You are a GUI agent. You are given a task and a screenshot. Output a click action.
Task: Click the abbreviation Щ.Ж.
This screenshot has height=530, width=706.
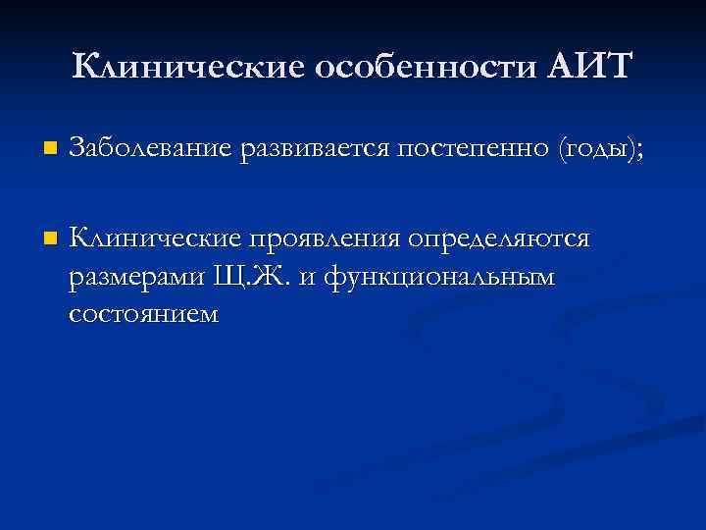pyautogui.click(x=250, y=278)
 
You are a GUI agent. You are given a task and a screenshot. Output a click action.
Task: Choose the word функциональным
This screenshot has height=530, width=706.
pyautogui.click(x=438, y=278)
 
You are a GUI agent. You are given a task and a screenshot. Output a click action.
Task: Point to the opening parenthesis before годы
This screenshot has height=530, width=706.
pyautogui.click(x=561, y=150)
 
